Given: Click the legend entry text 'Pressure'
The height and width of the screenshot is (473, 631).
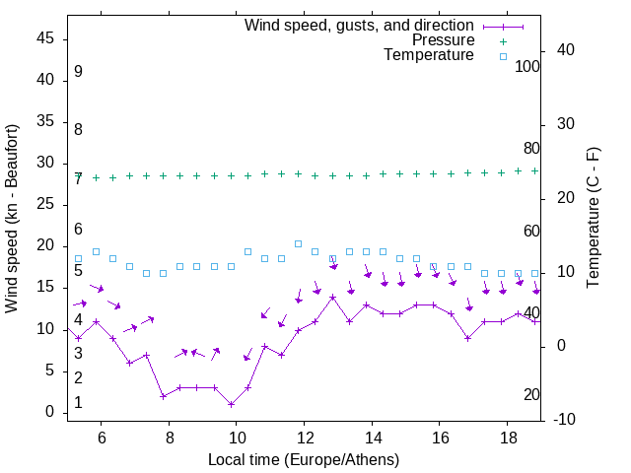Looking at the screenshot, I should tap(443, 40).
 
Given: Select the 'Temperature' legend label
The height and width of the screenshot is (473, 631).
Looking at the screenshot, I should tap(429, 55).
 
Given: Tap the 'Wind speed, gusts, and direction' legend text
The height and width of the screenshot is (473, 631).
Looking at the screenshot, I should tap(359, 25).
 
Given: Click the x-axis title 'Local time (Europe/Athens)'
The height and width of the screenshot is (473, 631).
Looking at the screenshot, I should tap(304, 459).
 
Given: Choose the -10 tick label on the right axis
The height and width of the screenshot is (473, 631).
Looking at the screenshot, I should tap(566, 421).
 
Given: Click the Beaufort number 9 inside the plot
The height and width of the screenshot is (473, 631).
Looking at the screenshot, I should tap(78, 72).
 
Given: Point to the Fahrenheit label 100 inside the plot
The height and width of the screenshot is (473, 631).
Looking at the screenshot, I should tap(527, 67).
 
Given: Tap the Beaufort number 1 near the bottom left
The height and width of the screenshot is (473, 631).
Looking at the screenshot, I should tap(78, 403).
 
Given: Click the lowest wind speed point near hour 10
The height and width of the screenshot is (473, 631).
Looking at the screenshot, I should tap(231, 404).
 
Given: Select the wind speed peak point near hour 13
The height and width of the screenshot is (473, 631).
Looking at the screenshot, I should tap(333, 297).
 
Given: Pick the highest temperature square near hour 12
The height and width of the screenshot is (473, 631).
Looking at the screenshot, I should tap(298, 243).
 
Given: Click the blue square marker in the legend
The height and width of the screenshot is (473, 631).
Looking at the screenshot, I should tap(503, 56).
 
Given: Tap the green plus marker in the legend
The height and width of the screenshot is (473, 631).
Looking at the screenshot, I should tap(503, 41).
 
